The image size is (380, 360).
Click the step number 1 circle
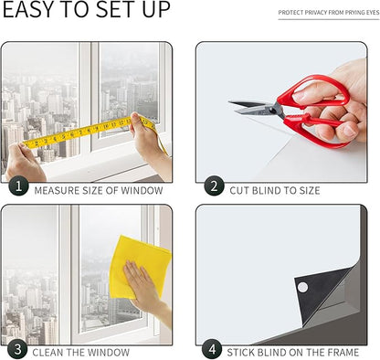click(18, 185)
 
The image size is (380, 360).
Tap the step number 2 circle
click(214, 185)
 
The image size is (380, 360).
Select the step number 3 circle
click(17, 349)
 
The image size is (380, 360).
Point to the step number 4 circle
click(212, 349)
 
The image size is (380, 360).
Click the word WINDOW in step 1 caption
click(142, 191)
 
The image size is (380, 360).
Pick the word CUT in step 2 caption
click(239, 191)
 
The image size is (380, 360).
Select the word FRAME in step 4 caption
click(343, 353)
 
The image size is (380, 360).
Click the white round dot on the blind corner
click(302, 287)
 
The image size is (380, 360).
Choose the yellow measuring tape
click(91, 132)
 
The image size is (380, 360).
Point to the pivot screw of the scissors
click(273, 111)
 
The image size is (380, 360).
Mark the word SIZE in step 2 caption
click(308, 191)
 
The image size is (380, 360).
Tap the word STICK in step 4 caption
click(240, 353)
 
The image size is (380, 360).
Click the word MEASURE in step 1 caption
click(57, 191)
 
